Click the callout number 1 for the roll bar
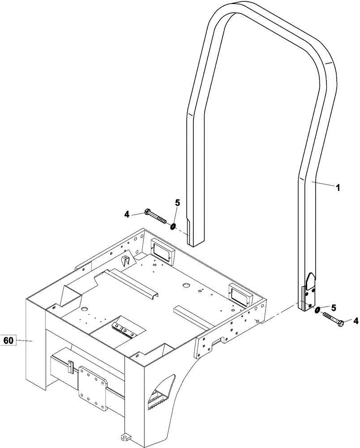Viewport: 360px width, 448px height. [x=338, y=188]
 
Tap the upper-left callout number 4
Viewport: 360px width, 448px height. [x=127, y=215]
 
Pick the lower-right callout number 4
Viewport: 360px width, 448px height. [x=356, y=320]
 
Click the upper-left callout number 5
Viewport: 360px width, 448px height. [x=177, y=202]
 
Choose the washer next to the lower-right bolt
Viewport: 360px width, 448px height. [x=317, y=310]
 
